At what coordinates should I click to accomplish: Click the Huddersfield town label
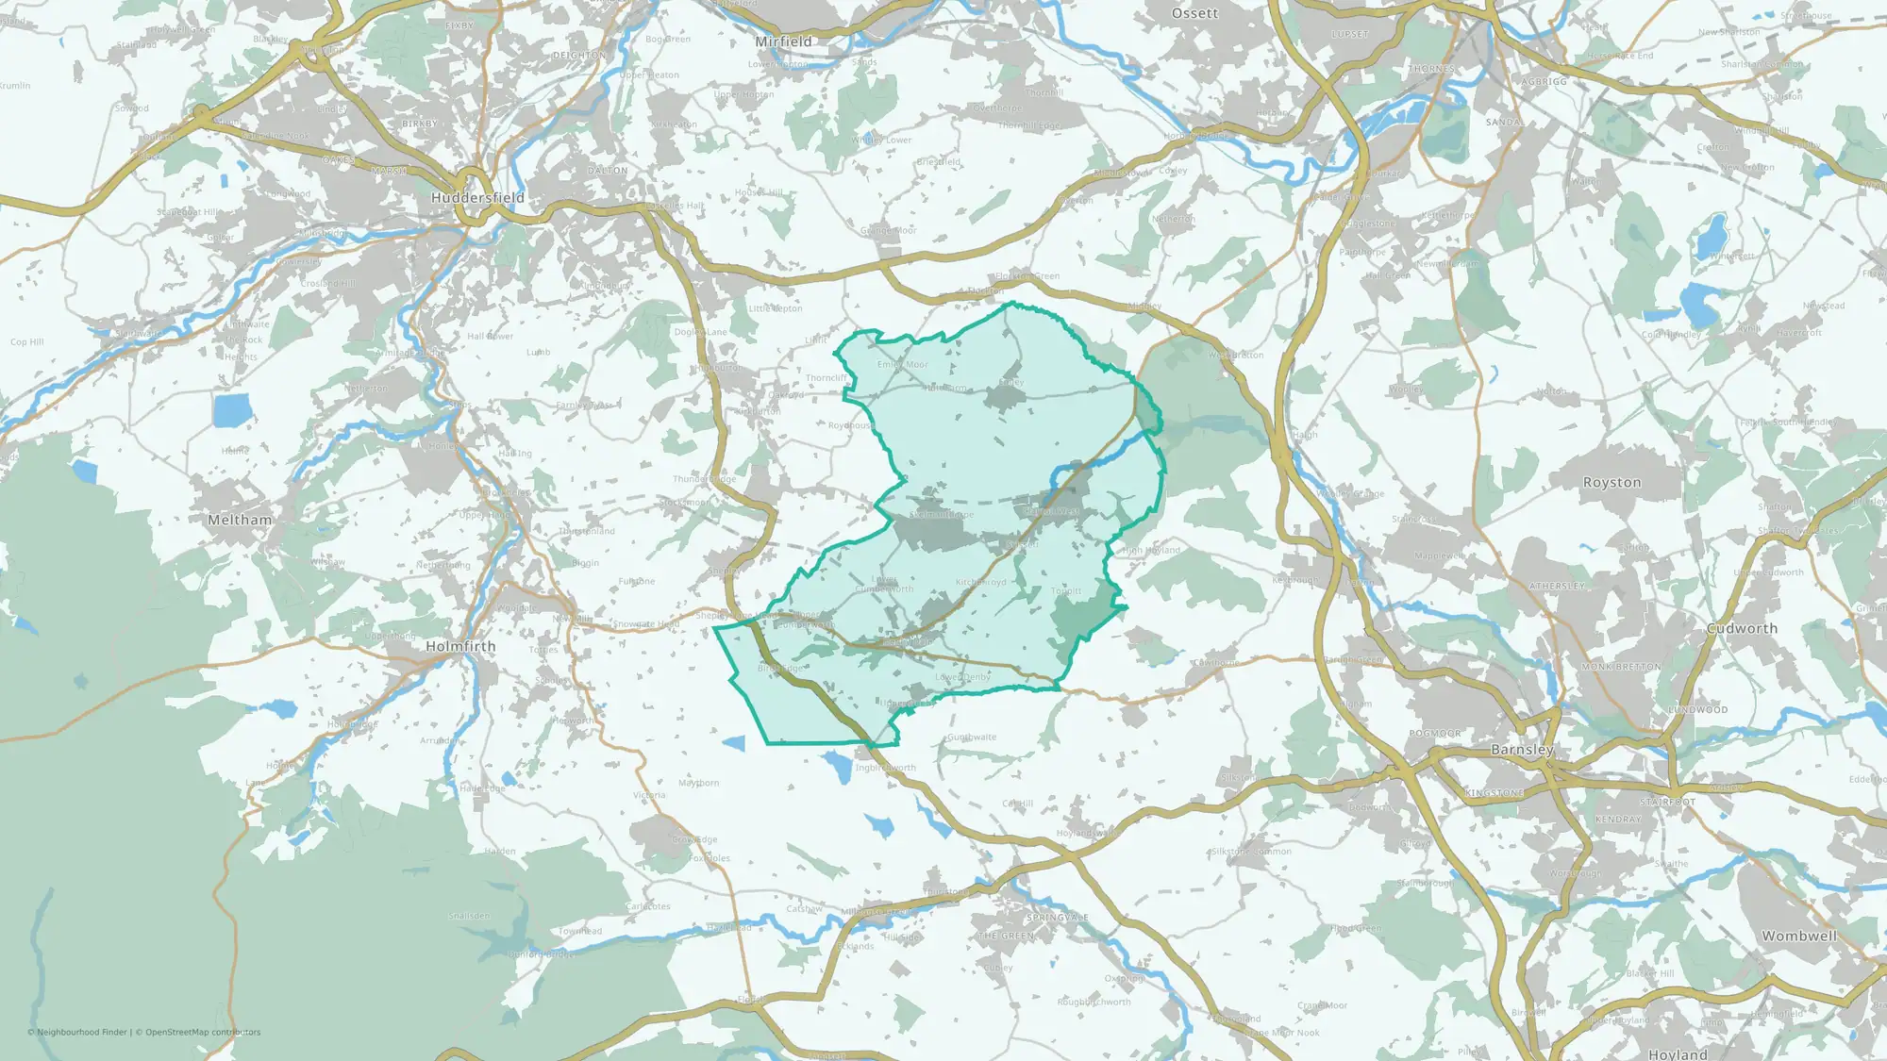tap(477, 198)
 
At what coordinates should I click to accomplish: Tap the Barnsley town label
tap(1522, 750)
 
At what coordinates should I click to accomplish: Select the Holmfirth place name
tap(460, 646)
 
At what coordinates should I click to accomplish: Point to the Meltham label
tap(240, 520)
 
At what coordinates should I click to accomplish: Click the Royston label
tap(1611, 482)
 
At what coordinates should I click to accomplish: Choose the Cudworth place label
tap(1742, 628)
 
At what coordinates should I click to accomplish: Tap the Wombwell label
tap(1799, 936)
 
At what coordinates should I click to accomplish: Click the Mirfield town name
tap(783, 41)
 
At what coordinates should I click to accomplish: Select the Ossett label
tap(1194, 13)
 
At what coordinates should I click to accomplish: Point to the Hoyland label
tap(1678, 1053)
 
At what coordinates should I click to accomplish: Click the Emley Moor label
tap(903, 364)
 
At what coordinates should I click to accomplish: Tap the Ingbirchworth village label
tap(885, 768)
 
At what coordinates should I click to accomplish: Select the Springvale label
tap(1058, 918)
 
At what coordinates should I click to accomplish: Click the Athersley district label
tap(1557, 587)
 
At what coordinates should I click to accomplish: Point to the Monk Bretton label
tap(1621, 667)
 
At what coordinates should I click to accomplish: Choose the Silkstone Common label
tap(1251, 852)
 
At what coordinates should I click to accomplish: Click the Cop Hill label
tap(27, 342)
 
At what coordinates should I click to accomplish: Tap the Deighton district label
tap(578, 56)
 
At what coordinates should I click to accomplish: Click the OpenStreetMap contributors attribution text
tap(203, 1032)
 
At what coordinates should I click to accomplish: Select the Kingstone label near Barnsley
tap(1495, 793)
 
